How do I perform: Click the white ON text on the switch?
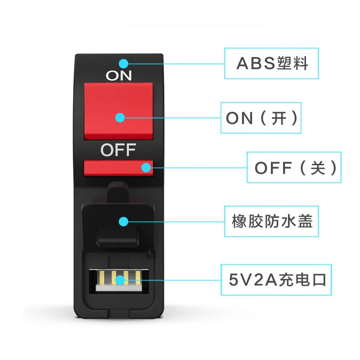[119, 76]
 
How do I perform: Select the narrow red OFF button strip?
[118, 167]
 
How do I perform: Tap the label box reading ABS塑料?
[271, 63]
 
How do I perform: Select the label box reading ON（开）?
[261, 118]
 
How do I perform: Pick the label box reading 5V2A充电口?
[274, 280]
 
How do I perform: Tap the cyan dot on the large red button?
[120, 117]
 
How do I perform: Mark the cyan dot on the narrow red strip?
[146, 167]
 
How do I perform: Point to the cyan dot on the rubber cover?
[123, 221]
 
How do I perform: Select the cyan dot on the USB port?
[120, 280]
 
